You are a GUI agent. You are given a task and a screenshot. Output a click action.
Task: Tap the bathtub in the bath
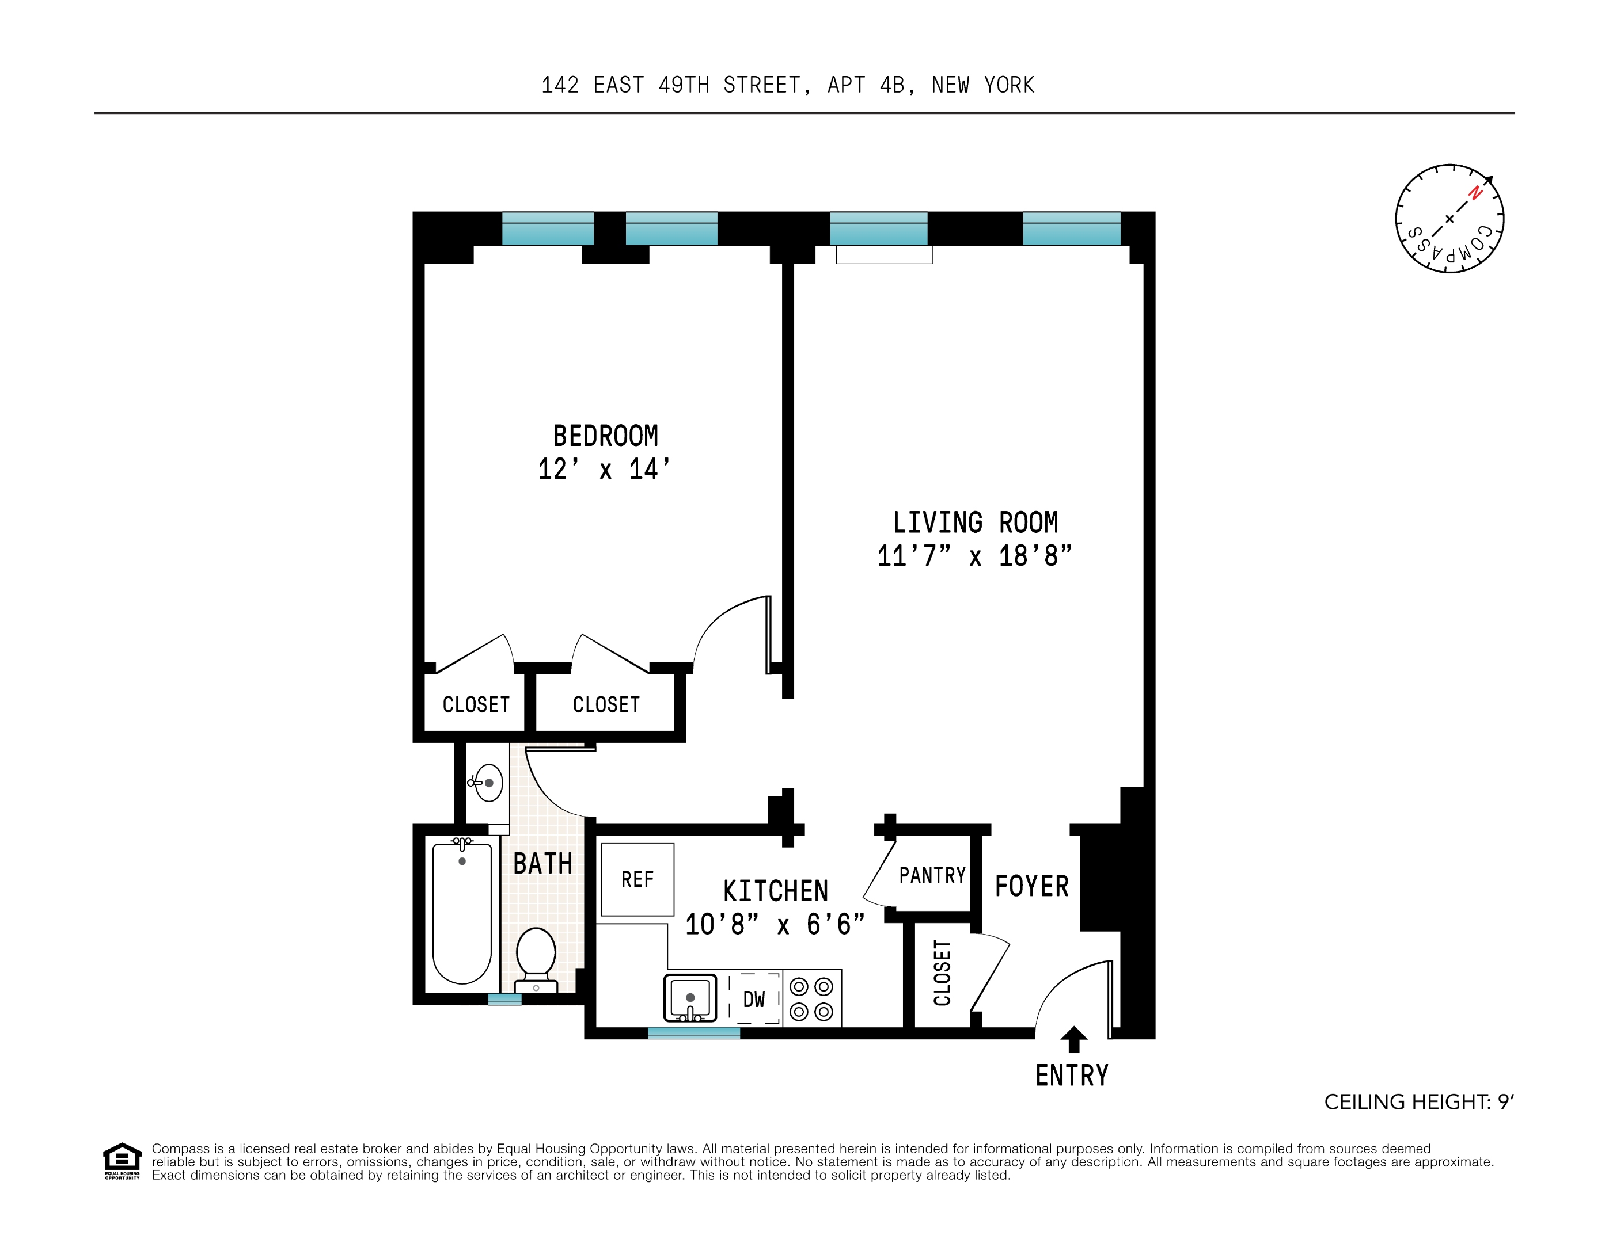point(462,913)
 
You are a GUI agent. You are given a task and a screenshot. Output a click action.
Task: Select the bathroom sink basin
point(488,783)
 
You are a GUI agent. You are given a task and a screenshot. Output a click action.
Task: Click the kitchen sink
point(689,998)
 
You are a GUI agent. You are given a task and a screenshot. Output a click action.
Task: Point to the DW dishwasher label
point(754,999)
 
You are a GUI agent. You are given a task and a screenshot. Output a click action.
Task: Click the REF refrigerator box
point(637,879)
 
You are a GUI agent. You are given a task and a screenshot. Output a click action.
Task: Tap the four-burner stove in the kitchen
point(811,998)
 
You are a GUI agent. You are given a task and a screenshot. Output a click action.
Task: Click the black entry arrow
point(1073,1039)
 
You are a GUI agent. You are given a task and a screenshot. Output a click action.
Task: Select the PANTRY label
point(932,875)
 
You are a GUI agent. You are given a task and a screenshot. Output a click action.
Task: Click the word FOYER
point(1031,887)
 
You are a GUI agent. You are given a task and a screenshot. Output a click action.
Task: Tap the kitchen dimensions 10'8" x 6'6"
point(775,924)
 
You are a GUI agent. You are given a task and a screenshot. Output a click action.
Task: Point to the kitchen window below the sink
point(693,1033)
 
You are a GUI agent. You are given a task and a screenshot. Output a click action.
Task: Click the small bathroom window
point(504,999)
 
